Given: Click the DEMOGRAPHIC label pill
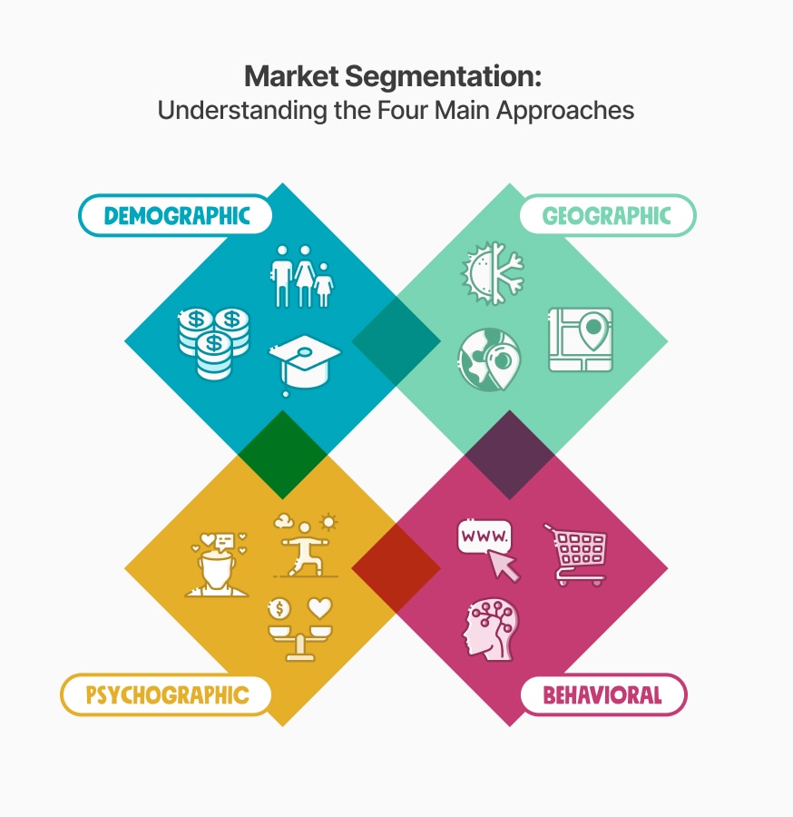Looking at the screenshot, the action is click(175, 215).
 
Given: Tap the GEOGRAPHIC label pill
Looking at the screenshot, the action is click(608, 215).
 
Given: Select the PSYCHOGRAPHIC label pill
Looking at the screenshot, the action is click(166, 694).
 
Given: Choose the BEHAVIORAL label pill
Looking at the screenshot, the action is click(603, 694).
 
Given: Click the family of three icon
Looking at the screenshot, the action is click(302, 276).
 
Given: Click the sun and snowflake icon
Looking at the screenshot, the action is click(493, 272).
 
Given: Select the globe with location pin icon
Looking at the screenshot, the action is click(489, 359).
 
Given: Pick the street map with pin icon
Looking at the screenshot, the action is click(581, 340).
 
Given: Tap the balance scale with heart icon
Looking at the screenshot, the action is click(300, 629).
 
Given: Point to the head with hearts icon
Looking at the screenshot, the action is click(217, 565).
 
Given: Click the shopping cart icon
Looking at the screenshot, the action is click(576, 555).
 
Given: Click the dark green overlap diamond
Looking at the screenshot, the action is click(283, 455).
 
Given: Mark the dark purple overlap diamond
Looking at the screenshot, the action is click(510, 455).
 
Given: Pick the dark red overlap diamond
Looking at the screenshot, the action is click(396, 568).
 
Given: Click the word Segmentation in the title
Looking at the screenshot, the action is click(443, 76).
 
